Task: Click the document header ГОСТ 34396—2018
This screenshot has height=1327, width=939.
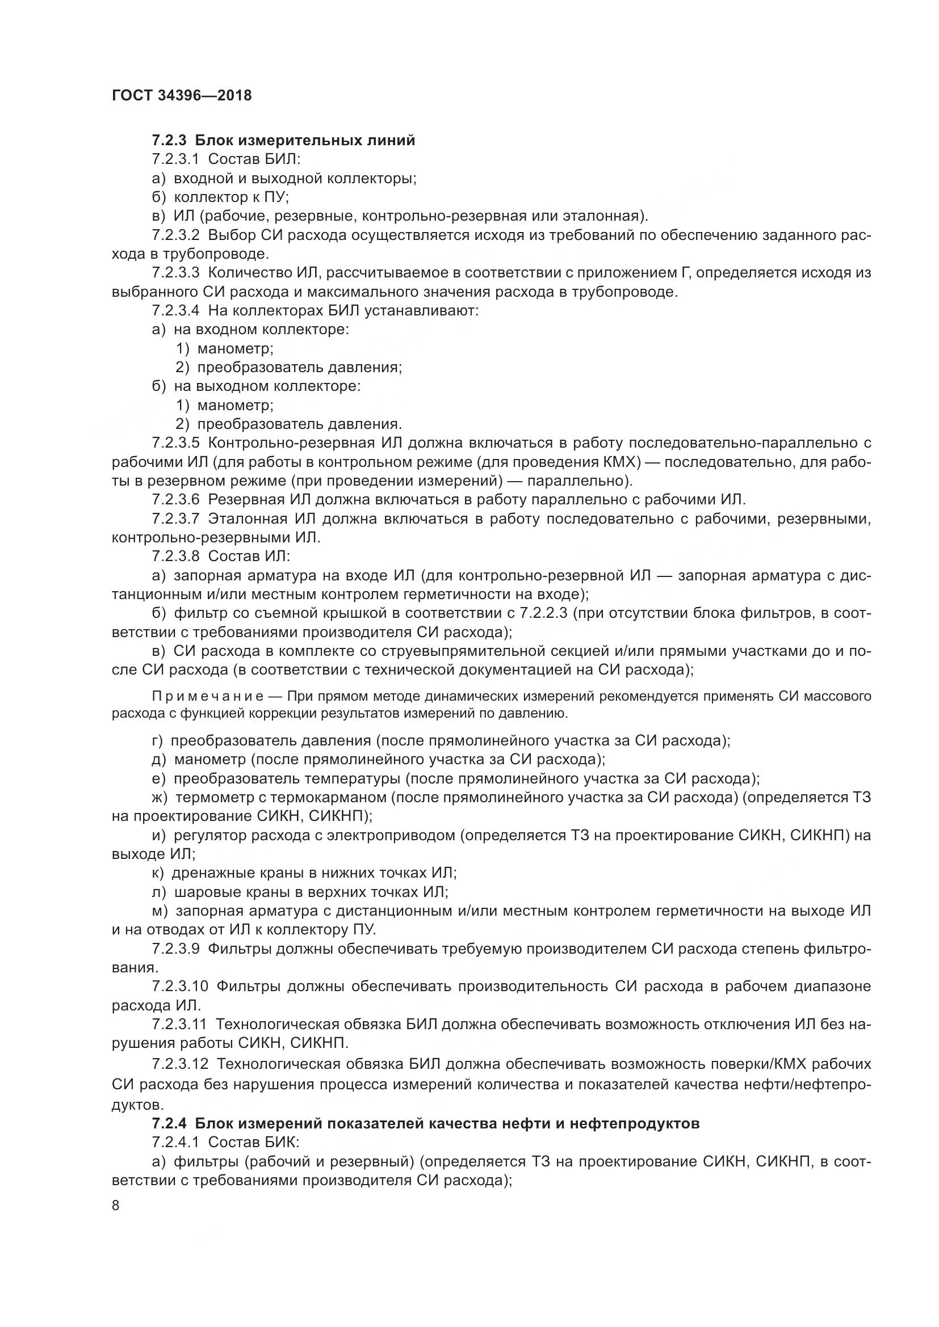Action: [182, 95]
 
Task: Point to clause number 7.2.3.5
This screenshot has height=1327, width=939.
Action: [176, 443]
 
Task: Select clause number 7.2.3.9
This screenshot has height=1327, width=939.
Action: [176, 949]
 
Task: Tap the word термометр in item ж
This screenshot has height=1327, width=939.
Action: [209, 798]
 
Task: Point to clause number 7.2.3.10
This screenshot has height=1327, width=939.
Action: [180, 986]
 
